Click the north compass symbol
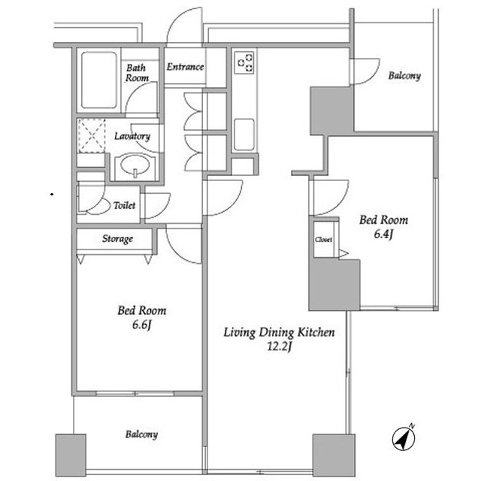(x=404, y=437)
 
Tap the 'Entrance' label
(x=186, y=67)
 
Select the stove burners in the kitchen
(x=244, y=63)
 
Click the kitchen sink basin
(x=244, y=135)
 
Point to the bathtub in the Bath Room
(x=99, y=80)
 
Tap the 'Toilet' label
(x=124, y=205)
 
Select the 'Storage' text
(x=117, y=239)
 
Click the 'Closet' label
(x=324, y=239)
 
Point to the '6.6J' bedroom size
(x=142, y=325)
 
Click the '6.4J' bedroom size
(x=383, y=234)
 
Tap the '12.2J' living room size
(x=279, y=346)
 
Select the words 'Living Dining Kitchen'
(x=279, y=332)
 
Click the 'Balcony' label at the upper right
(x=404, y=75)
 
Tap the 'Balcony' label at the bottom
(x=141, y=434)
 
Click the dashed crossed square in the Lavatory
(x=92, y=135)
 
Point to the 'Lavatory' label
(x=132, y=136)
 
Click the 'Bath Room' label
(x=137, y=73)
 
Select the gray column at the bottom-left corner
(x=71, y=455)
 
